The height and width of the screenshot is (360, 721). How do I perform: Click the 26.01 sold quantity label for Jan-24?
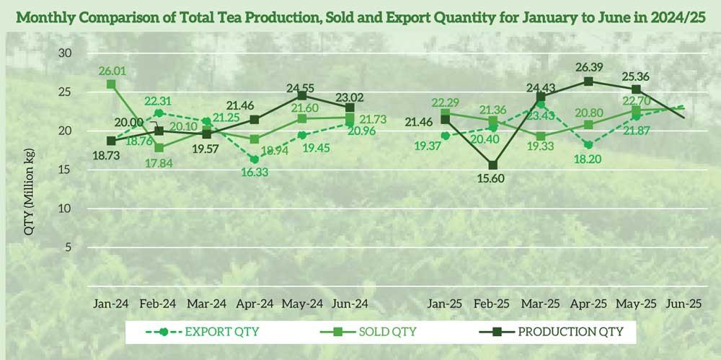point(112,71)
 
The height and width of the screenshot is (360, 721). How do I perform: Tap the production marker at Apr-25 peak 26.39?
point(589,82)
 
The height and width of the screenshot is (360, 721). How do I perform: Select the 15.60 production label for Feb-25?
point(494,180)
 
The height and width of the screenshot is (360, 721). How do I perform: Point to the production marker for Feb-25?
point(494,165)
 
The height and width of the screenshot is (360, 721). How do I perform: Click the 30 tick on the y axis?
point(66,53)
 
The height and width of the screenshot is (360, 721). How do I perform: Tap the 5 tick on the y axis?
point(69,247)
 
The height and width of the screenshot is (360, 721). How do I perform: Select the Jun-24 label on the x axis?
point(350,303)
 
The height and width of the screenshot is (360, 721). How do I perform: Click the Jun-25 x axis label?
point(685,303)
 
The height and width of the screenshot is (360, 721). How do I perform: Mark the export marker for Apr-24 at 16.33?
point(255,159)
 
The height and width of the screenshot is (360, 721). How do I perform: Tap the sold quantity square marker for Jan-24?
point(111,84)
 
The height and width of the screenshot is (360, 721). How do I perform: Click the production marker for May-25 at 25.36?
point(637,89)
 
